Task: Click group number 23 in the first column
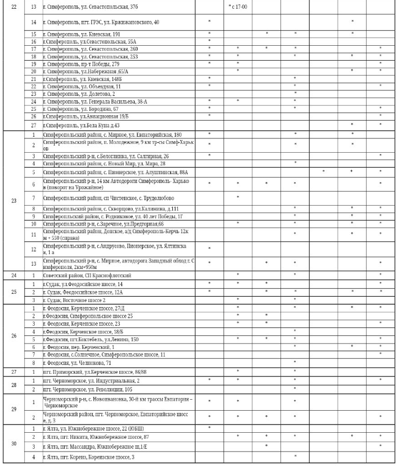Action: pos(14,201)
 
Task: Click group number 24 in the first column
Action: pos(14,275)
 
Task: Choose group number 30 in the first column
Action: pos(14,444)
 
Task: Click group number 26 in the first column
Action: pos(14,335)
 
